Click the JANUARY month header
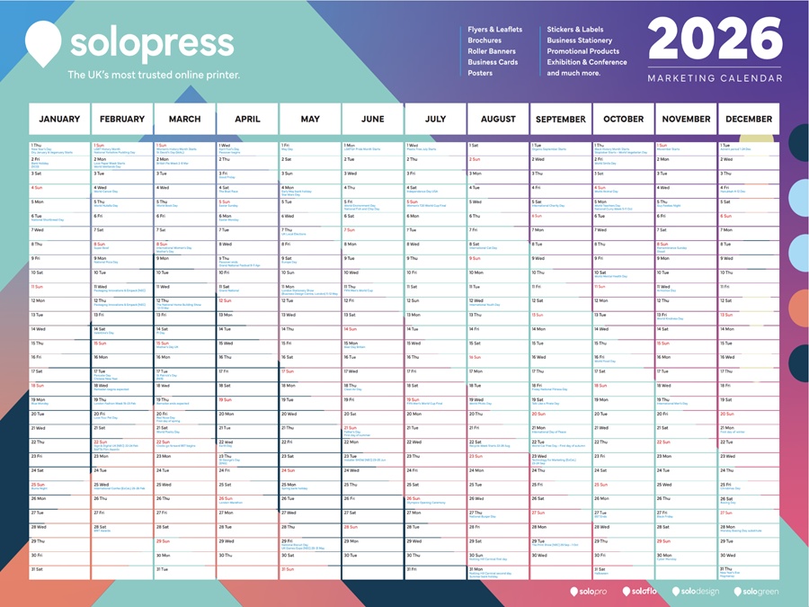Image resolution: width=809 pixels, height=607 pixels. [59, 119]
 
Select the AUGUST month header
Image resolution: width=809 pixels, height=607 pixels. [498, 119]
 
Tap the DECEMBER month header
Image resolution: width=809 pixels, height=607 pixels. [749, 119]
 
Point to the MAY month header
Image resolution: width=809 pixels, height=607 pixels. [310, 119]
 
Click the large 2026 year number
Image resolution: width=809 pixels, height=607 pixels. [716, 40]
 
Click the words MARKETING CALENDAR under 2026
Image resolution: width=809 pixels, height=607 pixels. [715, 78]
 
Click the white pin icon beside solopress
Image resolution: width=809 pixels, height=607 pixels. [43, 41]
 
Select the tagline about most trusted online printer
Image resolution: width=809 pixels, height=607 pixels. [154, 75]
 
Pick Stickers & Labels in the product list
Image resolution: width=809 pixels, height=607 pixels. [575, 30]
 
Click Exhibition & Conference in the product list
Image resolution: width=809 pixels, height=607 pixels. [587, 62]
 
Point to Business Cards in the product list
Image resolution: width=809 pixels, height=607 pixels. [493, 62]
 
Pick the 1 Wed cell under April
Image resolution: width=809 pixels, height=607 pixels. [247, 146]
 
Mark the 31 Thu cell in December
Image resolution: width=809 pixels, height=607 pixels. [749, 570]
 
